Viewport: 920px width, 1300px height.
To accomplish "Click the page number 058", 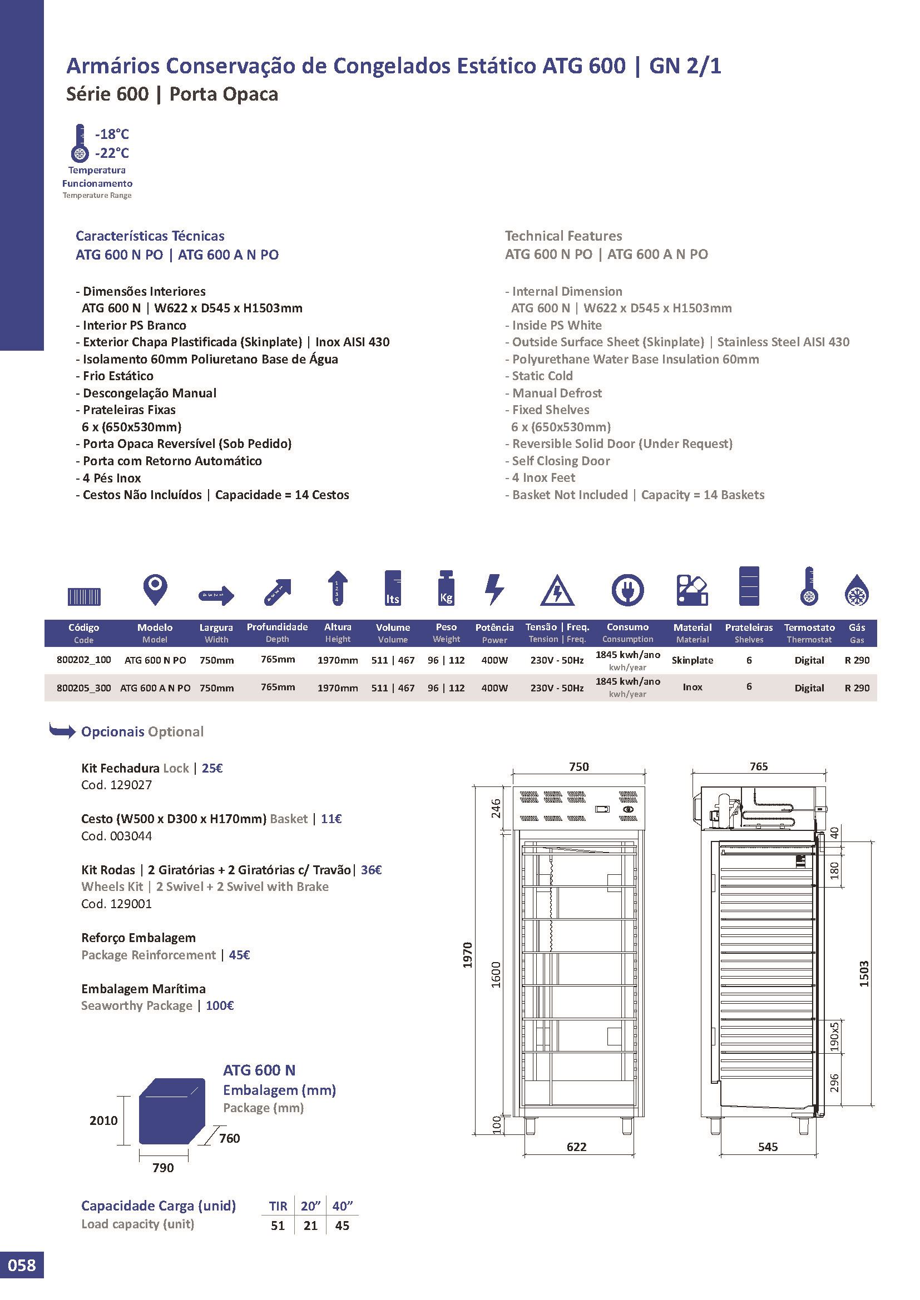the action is point(22,1280).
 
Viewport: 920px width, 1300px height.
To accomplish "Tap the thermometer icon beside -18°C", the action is point(80,143).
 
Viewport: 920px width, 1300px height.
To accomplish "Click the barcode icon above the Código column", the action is point(84,596).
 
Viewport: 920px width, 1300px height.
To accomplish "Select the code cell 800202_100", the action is point(84,660).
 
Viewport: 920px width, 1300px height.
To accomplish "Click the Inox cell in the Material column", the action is point(693,688).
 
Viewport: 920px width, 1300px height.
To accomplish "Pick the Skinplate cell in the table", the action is point(693,660).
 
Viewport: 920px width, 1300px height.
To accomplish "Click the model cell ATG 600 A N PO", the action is point(155,688).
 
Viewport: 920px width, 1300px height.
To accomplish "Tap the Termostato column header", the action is point(809,627).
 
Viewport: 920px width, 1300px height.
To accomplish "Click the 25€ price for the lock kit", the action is point(212,768).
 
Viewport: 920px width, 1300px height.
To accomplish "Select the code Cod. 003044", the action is point(117,836).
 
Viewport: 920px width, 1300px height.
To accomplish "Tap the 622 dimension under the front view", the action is point(577,1147).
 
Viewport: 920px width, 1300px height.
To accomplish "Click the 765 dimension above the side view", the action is point(759,766).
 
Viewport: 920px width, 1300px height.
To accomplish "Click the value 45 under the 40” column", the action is point(342,1226).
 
